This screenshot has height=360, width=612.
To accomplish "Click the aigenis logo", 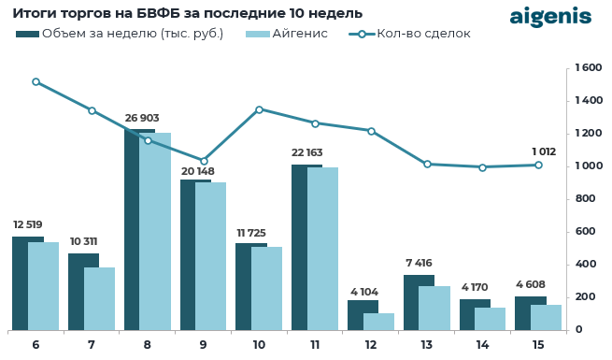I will pyautogui.click(x=550, y=17).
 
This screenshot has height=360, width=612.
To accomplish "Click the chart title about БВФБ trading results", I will pyautogui.click(x=187, y=13).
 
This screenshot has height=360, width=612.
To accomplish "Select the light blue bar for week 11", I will pyautogui.click(x=323, y=249).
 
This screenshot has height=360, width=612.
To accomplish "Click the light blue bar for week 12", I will pyautogui.click(x=378, y=321).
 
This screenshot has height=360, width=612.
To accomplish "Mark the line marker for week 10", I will pyautogui.click(x=259, y=109).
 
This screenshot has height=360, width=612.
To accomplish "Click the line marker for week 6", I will pyautogui.click(x=36, y=81).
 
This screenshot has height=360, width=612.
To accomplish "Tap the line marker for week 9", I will pyautogui.click(x=204, y=161).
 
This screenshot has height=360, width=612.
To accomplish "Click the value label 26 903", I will pyautogui.click(x=142, y=119).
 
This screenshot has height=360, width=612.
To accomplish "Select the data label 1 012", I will pyautogui.click(x=544, y=151).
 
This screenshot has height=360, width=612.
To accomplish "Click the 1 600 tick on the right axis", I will pyautogui.click(x=588, y=68).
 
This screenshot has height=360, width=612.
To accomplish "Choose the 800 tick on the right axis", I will pyautogui.click(x=585, y=199).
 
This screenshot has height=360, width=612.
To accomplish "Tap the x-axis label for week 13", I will pyautogui.click(x=426, y=345).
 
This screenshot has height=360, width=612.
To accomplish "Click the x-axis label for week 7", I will pyautogui.click(x=91, y=345).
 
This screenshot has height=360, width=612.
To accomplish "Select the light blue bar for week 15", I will pyautogui.click(x=547, y=317).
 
